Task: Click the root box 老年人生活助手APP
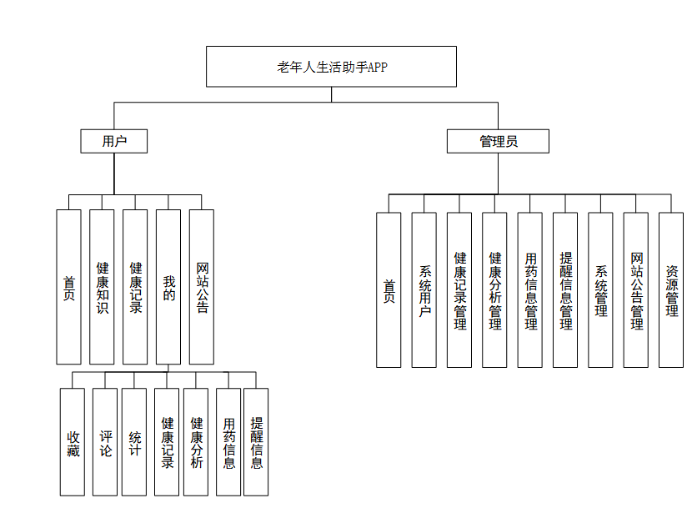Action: coord(331,67)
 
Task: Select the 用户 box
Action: coord(114,141)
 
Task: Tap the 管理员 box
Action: coord(498,141)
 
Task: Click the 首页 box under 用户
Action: coord(69,287)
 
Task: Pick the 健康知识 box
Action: coord(102,287)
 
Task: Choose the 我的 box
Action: coord(168,287)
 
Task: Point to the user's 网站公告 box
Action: coord(202,287)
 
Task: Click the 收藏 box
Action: coord(73,442)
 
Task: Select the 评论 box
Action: coord(105,442)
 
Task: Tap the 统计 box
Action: coord(134,442)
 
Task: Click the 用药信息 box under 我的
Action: coord(228,442)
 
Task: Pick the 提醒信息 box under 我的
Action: coord(256,442)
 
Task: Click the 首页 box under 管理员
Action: coord(389,290)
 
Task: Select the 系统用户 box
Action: coord(424,290)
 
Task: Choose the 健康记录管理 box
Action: coord(459,290)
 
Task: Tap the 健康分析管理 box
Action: coord(494,290)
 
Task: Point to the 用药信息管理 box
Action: coord(530,290)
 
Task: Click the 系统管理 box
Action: coord(601,290)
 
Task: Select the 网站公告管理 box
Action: coord(636,290)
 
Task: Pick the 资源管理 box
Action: coord(671,290)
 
